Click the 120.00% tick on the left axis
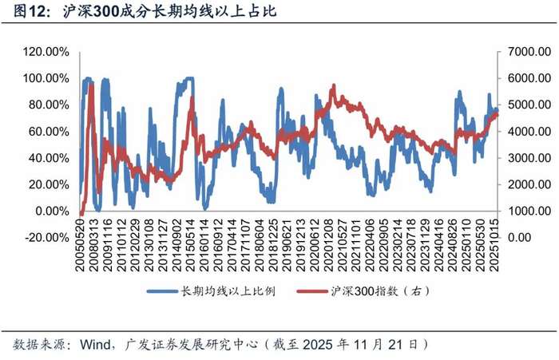46,52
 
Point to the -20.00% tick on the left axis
46,237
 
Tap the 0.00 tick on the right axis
515,237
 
